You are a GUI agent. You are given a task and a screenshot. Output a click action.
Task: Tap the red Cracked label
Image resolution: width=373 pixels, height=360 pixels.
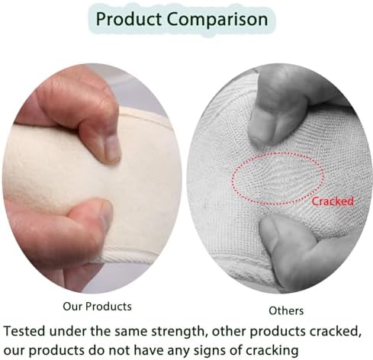point(333,201)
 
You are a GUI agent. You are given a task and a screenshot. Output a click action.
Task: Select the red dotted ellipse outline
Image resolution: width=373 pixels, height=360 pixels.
point(278,153)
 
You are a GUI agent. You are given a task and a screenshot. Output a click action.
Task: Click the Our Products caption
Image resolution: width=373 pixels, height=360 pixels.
point(95,306)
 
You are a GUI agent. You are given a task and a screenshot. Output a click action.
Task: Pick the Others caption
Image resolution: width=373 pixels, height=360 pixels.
point(285,310)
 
